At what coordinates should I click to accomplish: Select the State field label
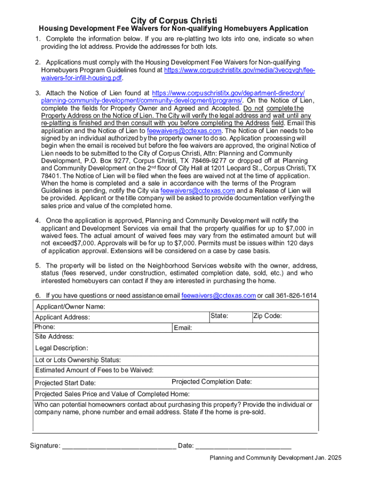[x=219, y=316]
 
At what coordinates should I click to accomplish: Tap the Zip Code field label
[x=268, y=316]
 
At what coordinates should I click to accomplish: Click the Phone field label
[x=45, y=327]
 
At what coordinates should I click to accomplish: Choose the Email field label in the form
[x=183, y=328]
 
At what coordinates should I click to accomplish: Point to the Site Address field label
[x=55, y=336]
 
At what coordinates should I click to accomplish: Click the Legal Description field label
[x=62, y=348]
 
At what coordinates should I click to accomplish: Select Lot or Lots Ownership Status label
[x=78, y=360]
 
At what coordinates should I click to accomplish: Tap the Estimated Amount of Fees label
[x=94, y=370]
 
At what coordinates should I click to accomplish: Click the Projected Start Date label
[x=65, y=383]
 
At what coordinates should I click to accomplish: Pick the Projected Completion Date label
[x=211, y=382]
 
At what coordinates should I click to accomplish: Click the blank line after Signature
[x=119, y=446]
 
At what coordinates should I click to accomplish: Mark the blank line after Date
[x=243, y=446]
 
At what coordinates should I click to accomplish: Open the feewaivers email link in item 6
[x=219, y=296]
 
